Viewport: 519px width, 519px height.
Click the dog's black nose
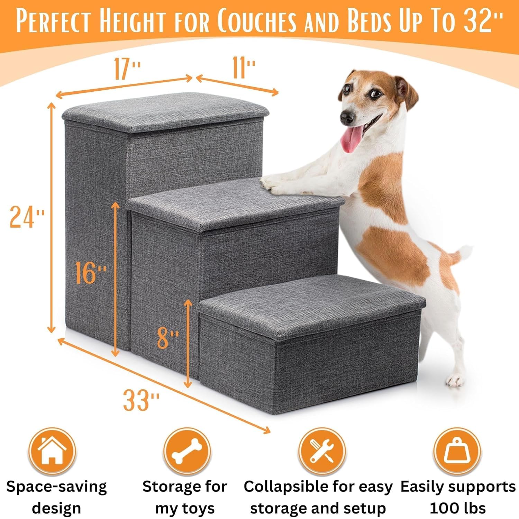[347, 118]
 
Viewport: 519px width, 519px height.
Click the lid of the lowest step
[311, 304]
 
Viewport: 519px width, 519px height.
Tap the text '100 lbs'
[457, 508]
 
